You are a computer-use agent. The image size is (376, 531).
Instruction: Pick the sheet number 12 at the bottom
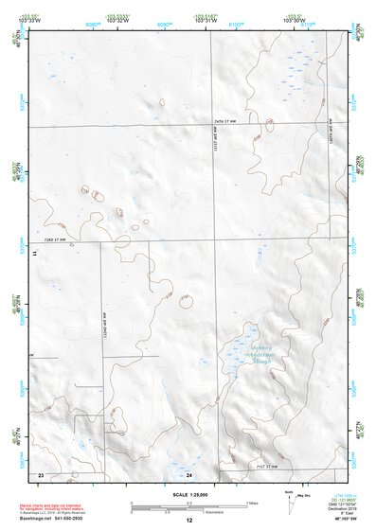point(189,521)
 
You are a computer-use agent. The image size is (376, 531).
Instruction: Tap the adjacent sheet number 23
point(41,473)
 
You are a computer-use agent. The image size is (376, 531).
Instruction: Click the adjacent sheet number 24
point(188,473)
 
